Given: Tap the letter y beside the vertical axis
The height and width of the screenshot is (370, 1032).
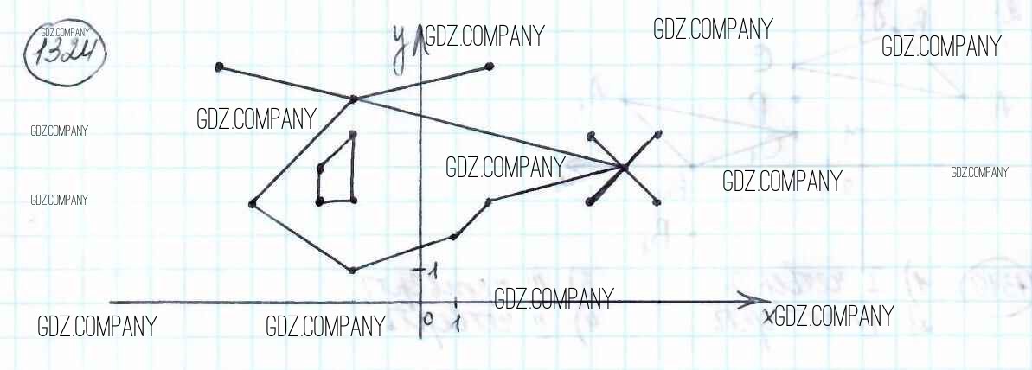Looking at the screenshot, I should click(x=400, y=48).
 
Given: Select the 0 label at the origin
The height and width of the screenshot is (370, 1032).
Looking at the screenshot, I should click(x=427, y=318).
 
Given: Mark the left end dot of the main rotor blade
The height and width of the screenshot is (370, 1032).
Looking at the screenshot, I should click(x=220, y=67).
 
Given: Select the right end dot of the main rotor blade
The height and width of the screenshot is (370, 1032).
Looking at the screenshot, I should click(x=490, y=67).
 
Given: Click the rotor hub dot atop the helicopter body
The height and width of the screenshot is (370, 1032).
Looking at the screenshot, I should click(x=353, y=100).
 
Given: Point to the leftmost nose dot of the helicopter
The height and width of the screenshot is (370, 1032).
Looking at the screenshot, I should click(x=252, y=204).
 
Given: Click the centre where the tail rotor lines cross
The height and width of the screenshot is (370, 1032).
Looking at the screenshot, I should click(x=623, y=167).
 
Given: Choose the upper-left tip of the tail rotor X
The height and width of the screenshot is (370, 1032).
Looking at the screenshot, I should click(x=591, y=135).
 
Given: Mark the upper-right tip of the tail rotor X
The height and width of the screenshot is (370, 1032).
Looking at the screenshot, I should click(x=659, y=133).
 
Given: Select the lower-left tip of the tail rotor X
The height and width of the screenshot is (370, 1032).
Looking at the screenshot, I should click(x=590, y=201).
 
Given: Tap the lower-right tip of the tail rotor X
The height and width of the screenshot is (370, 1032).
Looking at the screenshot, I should click(x=657, y=202).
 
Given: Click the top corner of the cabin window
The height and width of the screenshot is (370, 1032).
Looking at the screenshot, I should click(x=352, y=134).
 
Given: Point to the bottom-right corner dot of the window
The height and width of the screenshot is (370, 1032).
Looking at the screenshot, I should click(x=353, y=201).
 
